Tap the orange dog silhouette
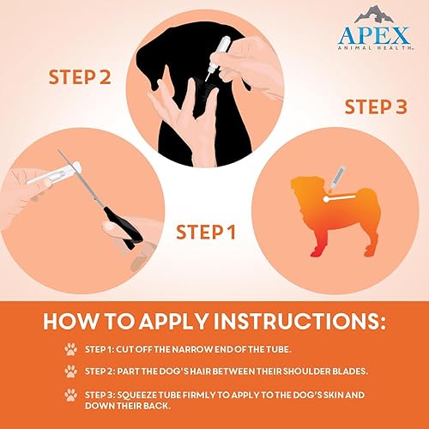click(x=330, y=206)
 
